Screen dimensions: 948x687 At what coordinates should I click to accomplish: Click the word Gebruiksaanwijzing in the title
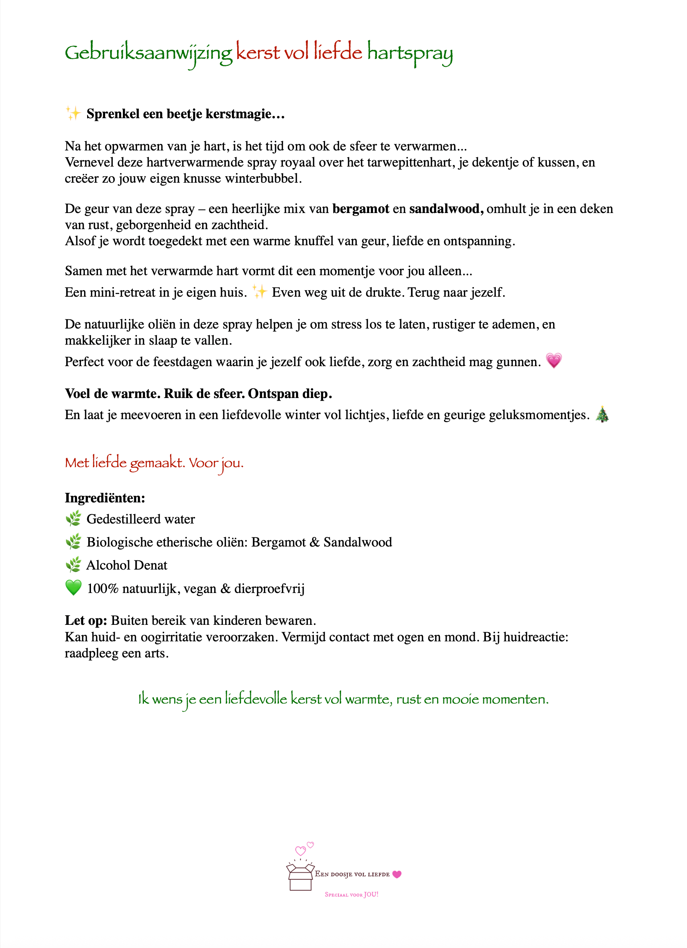pyautogui.click(x=149, y=53)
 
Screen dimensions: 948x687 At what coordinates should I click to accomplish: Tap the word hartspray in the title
pyautogui.click(x=410, y=53)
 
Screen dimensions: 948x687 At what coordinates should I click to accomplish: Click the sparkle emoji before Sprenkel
pyautogui.click(x=73, y=113)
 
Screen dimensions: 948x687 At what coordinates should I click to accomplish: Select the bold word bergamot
pyautogui.click(x=361, y=208)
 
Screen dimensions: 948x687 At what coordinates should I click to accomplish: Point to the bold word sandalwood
pyautogui.click(x=446, y=208)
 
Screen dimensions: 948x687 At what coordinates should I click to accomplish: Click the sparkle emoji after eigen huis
pyautogui.click(x=259, y=291)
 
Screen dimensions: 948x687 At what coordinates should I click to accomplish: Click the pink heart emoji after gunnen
pyautogui.click(x=554, y=360)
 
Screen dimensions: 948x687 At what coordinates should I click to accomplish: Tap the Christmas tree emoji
pyautogui.click(x=602, y=414)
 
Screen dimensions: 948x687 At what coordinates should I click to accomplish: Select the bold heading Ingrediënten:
pyautogui.click(x=105, y=498)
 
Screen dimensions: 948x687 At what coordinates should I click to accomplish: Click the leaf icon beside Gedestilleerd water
pyautogui.click(x=74, y=519)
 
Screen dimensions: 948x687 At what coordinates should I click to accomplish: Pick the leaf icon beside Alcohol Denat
pyautogui.click(x=74, y=565)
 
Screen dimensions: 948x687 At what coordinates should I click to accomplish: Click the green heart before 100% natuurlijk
pyautogui.click(x=74, y=588)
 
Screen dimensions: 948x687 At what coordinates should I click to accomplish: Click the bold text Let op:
pyautogui.click(x=86, y=620)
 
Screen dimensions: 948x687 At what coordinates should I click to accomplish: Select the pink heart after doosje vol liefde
pyautogui.click(x=397, y=874)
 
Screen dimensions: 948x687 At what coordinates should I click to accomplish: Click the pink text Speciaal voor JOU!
pyautogui.click(x=352, y=895)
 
